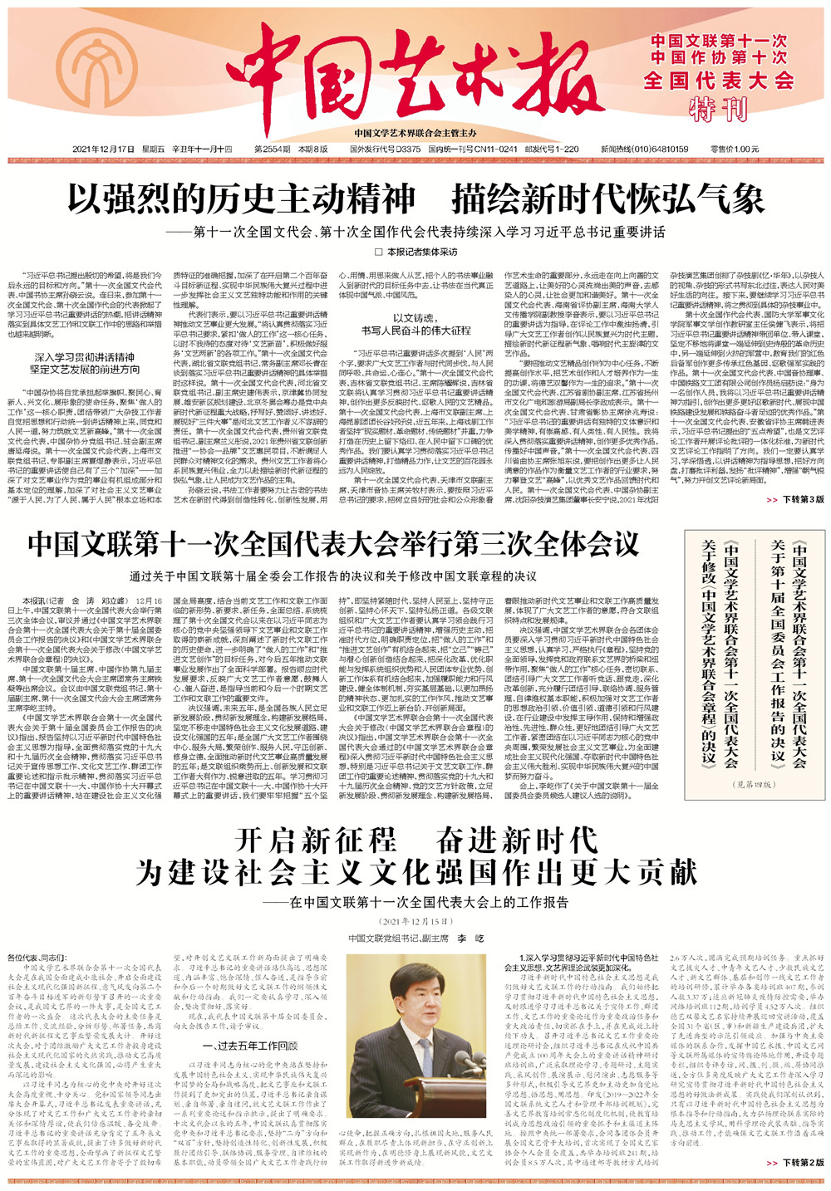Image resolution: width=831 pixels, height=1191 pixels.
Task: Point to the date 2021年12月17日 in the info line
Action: (103, 149)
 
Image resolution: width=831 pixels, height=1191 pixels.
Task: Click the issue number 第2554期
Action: (272, 149)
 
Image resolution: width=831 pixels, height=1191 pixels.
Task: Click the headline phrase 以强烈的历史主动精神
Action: (241, 199)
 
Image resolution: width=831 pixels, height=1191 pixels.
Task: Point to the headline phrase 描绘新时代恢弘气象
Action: (607, 199)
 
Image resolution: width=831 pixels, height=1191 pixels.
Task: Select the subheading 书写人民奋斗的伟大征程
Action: (415, 331)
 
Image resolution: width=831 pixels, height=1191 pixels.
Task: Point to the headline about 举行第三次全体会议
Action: (333, 545)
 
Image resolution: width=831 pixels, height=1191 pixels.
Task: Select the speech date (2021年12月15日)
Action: (415, 922)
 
